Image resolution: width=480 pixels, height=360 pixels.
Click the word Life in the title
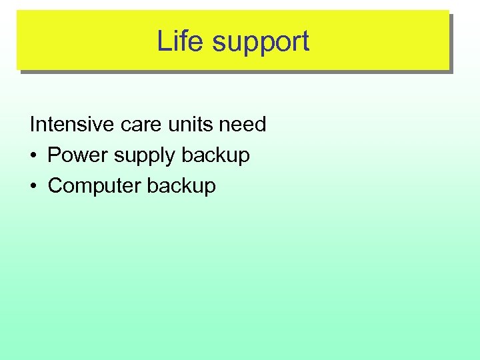179,41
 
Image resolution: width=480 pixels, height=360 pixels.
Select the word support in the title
261,43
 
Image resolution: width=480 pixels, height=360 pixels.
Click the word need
244,124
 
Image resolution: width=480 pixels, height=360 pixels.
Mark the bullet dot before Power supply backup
34,156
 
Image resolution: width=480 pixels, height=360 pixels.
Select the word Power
76,155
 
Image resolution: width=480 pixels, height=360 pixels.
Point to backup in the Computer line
181,186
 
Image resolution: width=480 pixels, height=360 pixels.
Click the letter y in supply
172,158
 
